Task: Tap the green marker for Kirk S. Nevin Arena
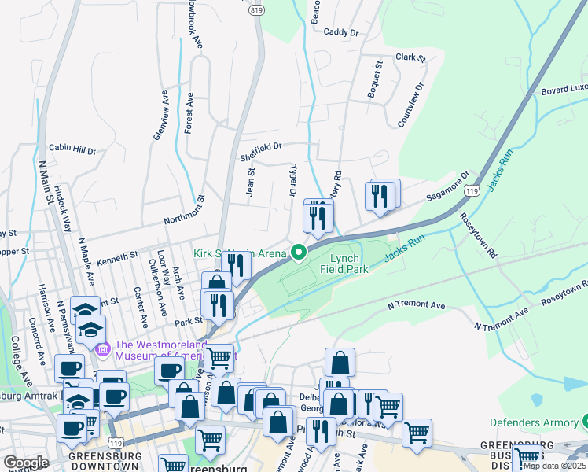coord(299,253)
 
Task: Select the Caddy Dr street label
coord(340,33)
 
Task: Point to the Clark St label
coord(410,57)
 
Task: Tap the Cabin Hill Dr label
coord(72,148)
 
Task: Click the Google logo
coord(26,463)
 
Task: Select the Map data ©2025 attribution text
coord(554,466)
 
